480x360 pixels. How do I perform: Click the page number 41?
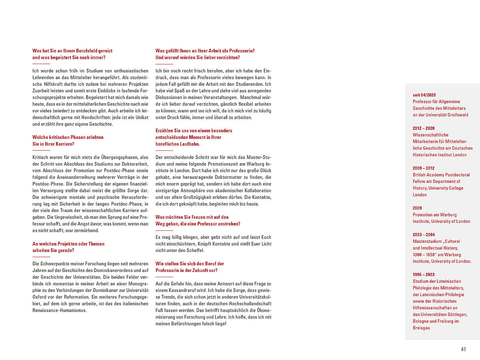pos(463,349)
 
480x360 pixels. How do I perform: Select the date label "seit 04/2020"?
pos(424,95)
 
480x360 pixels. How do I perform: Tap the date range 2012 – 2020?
pos(423,128)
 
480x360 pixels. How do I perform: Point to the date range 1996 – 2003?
pos(423,275)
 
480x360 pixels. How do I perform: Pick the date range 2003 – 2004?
pos(424,235)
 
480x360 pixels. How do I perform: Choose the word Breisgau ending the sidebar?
pos(421,328)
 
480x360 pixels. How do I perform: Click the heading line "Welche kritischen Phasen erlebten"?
pos(68,137)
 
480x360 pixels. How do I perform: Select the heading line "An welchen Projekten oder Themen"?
pos(68,244)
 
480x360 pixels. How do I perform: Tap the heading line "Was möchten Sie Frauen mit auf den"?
pos(192,217)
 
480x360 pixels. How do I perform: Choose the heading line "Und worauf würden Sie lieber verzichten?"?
pos(198,58)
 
